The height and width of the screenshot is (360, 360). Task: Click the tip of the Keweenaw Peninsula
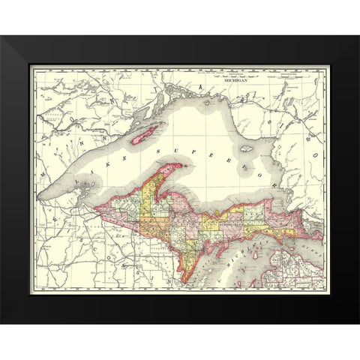coord(184,166)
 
